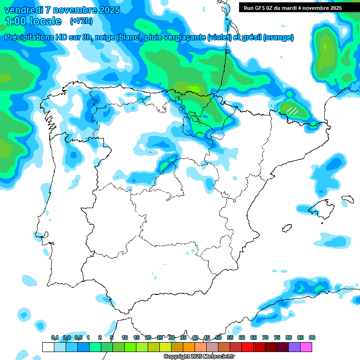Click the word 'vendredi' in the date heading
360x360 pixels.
[23, 10]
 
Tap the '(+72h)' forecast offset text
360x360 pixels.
[81, 21]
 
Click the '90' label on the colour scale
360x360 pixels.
[312, 337]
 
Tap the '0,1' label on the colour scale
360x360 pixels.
[55, 337]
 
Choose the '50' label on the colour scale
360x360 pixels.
[218, 337]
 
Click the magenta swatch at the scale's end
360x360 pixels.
[306, 347]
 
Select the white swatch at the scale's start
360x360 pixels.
[48, 347]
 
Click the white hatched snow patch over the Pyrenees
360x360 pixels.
[292, 111]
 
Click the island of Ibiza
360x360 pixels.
[287, 228]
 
